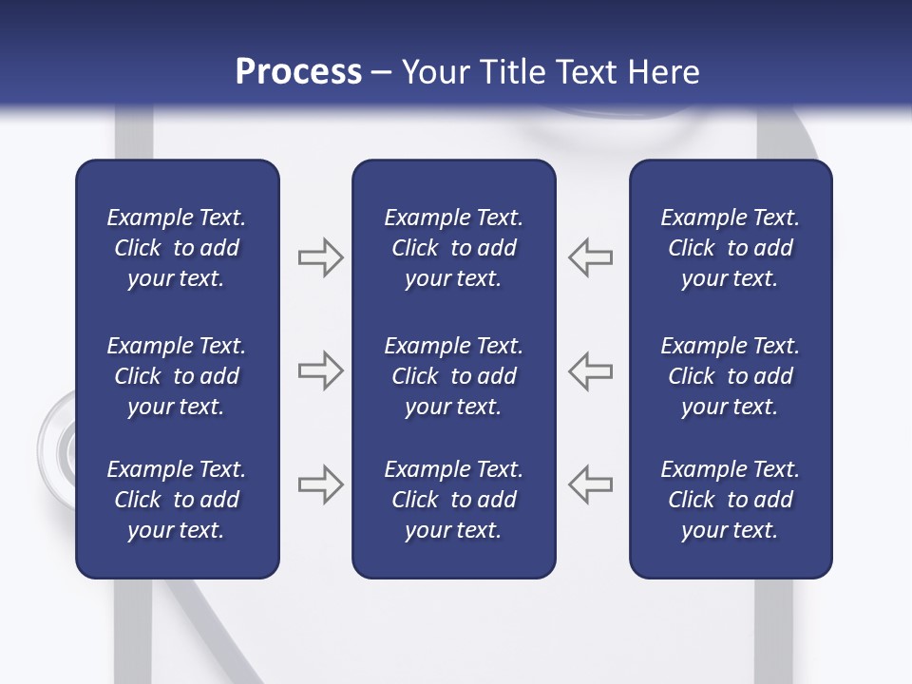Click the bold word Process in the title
(x=298, y=72)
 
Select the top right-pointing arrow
(x=320, y=257)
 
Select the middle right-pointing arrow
(x=320, y=370)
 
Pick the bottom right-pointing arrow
(x=320, y=484)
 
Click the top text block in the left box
(x=177, y=248)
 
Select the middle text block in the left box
(x=177, y=376)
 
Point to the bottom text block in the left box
(x=177, y=500)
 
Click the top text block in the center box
(x=453, y=248)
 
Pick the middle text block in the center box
(x=453, y=376)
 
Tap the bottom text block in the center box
(x=453, y=500)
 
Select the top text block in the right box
(x=730, y=248)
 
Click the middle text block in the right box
(x=730, y=376)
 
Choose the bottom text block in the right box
(x=730, y=500)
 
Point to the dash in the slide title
(x=382, y=73)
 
